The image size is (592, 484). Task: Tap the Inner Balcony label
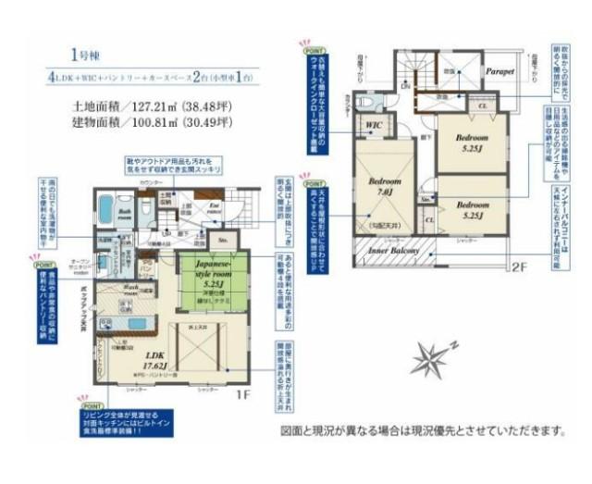tap(394, 251)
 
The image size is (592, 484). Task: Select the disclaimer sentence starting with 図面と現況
tap(422, 430)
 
